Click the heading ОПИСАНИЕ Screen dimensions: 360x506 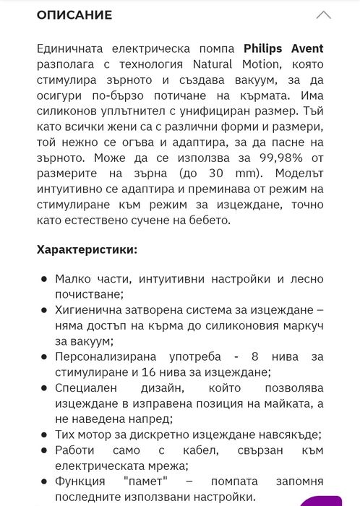point(74,14)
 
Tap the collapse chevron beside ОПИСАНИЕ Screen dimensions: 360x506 point(324,15)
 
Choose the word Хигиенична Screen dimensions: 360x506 point(90,310)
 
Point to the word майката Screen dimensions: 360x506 point(291,403)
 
